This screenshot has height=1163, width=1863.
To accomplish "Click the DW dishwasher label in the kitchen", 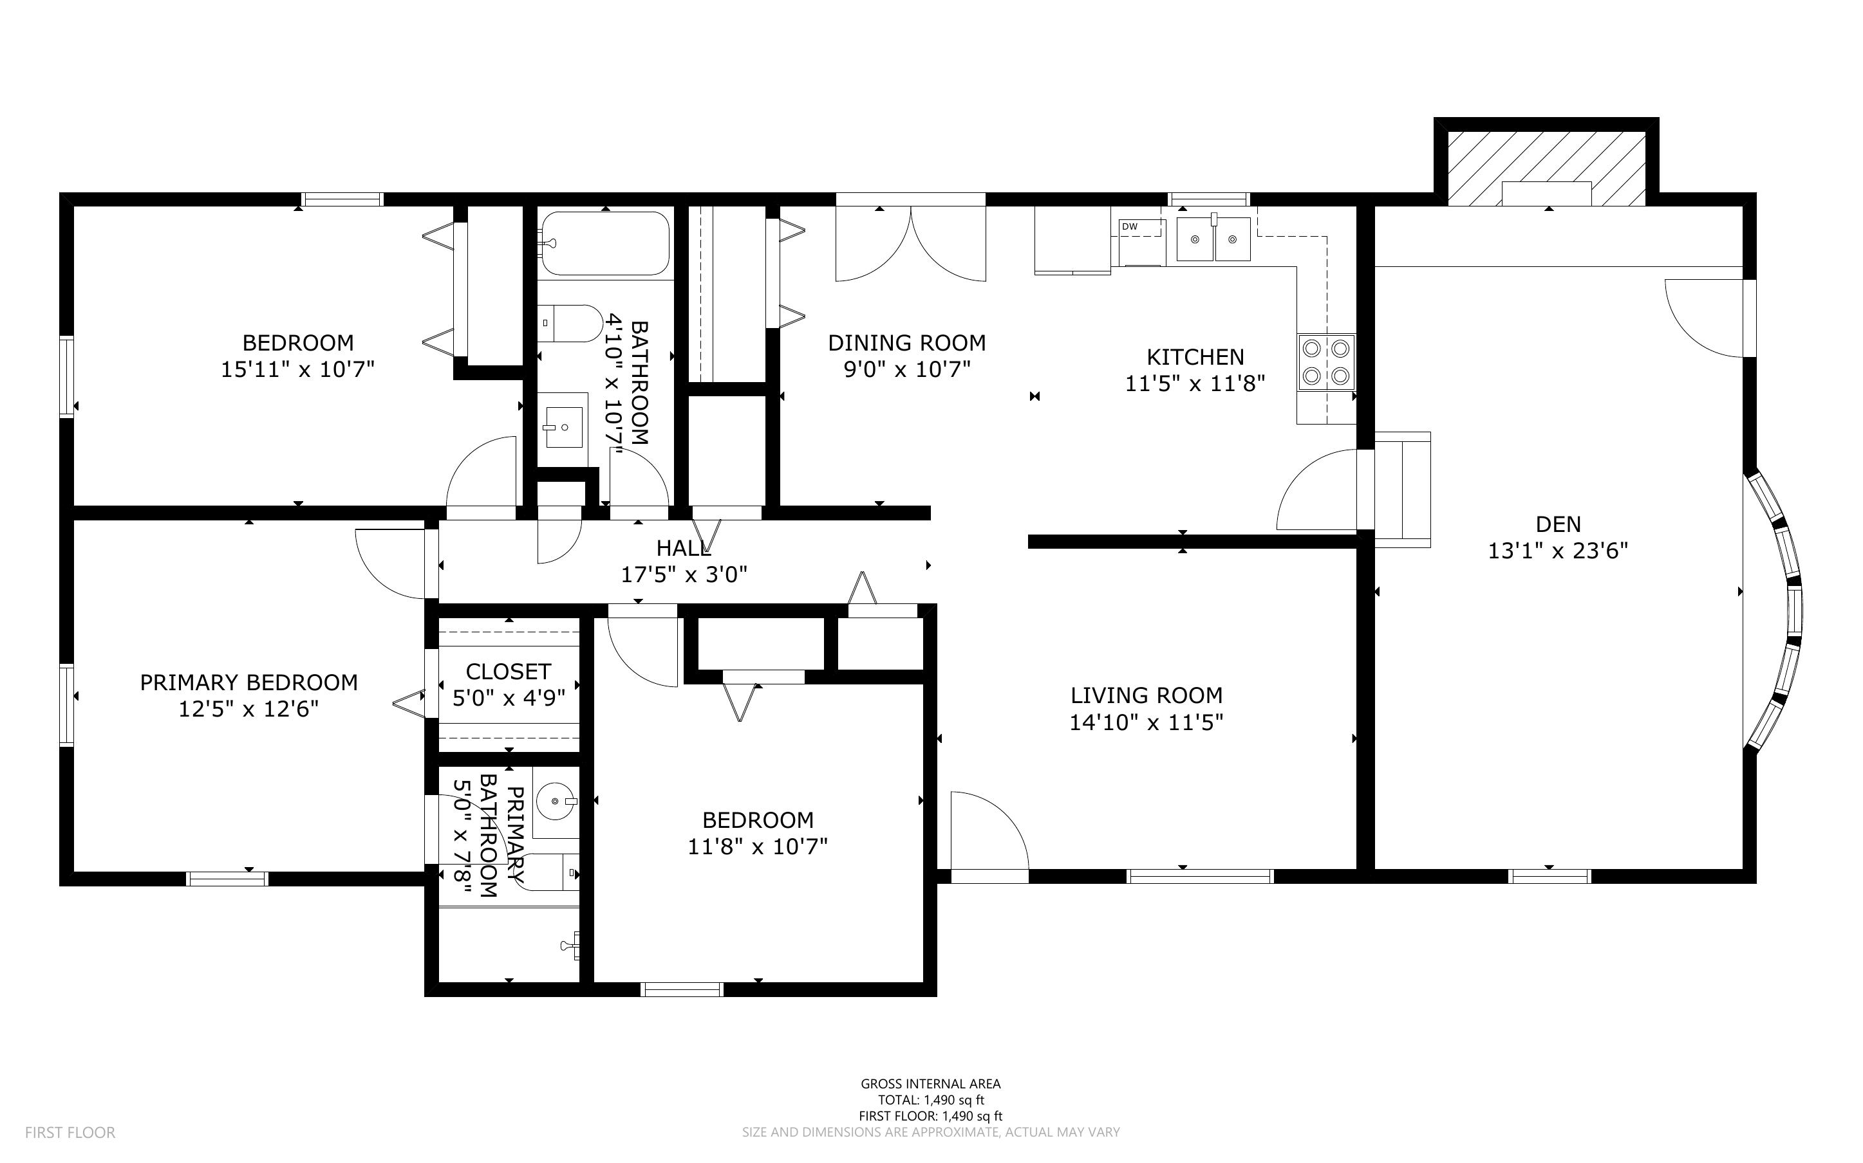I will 1129,226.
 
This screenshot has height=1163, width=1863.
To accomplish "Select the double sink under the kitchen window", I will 1213,239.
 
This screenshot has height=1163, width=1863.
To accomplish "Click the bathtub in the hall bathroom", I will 605,243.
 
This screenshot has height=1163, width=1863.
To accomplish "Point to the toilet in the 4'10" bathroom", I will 570,324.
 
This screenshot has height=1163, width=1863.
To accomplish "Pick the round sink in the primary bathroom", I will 555,801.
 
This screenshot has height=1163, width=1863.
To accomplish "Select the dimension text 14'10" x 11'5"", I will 1146,722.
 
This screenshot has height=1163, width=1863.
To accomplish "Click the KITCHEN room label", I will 1194,357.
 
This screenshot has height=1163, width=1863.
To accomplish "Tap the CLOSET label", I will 508,672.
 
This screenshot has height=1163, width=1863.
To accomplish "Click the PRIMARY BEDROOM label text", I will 248,682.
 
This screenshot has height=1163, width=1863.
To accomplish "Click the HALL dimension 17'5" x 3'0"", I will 683,574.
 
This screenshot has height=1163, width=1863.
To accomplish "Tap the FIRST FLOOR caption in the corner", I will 70,1132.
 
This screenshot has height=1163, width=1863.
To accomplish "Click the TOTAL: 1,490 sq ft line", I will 930,1100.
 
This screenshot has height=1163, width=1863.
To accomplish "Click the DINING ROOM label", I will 906,343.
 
